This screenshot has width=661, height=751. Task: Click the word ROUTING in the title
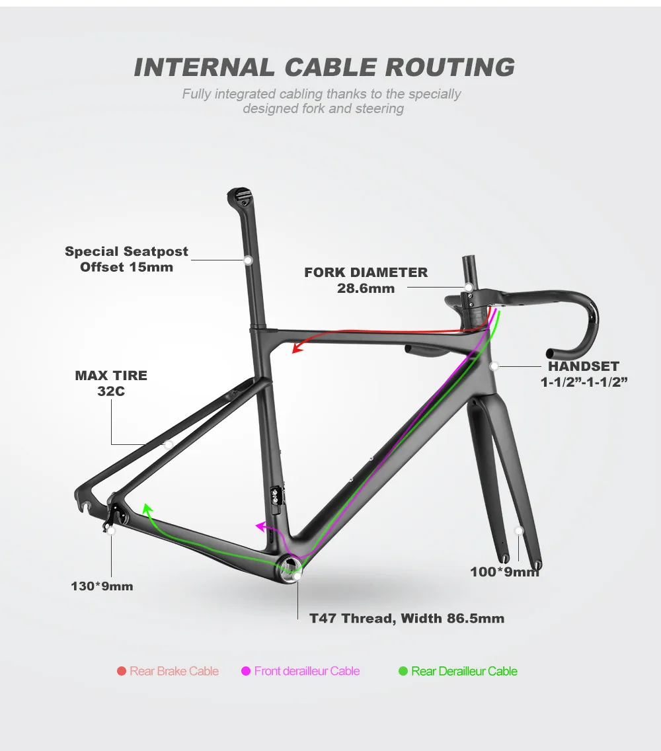point(449,67)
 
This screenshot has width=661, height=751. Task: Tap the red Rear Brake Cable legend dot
point(122,672)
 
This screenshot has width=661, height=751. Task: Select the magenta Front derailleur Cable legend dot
point(246,672)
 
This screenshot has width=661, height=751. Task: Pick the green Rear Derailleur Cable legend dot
point(403,672)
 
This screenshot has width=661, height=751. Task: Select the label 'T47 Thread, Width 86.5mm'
point(407,619)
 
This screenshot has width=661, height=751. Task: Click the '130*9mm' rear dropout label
point(102,586)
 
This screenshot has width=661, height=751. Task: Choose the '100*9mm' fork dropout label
point(504,572)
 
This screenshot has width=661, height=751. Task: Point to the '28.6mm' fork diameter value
point(366,288)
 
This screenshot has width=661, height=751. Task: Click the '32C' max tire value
point(111,391)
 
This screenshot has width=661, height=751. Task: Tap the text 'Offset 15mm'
point(126,267)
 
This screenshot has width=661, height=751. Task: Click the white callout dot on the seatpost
point(249,260)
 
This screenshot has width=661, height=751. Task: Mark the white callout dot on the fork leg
point(519,530)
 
